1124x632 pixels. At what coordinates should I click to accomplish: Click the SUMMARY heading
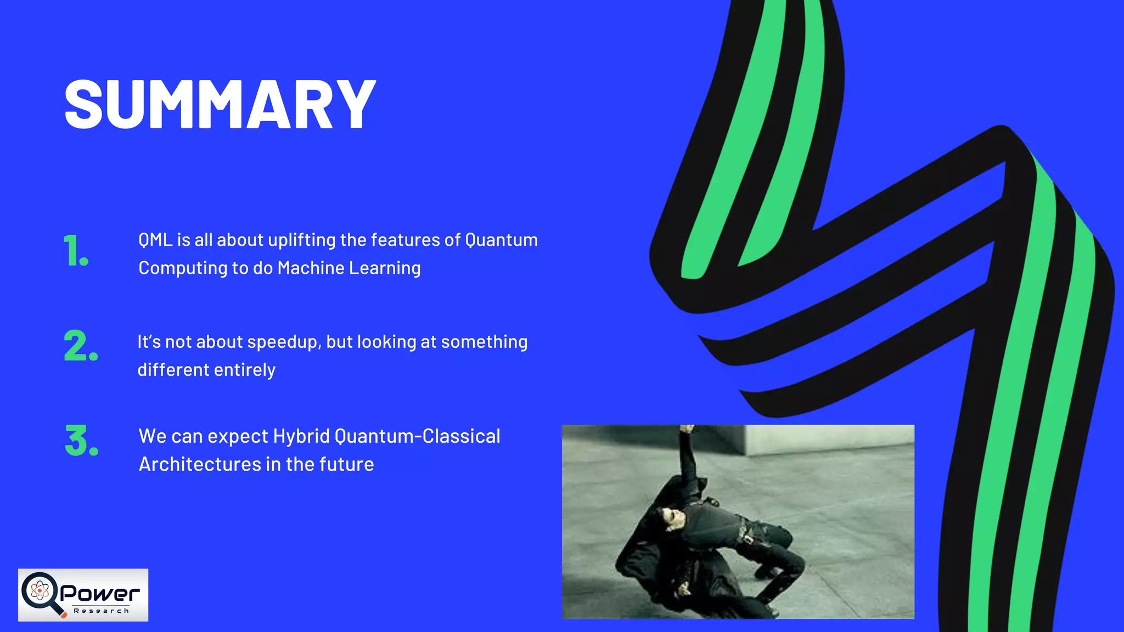tap(220, 104)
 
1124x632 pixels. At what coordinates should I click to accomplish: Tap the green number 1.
tap(75, 251)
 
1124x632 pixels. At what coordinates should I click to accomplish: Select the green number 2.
tap(80, 346)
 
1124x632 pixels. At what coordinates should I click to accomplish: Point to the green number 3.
tap(81, 441)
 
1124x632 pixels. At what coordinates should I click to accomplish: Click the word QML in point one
tap(155, 240)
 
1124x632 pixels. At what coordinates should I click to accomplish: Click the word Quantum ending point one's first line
tap(501, 240)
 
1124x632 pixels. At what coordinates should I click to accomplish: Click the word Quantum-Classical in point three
tap(417, 437)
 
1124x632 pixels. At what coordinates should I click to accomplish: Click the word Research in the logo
tap(102, 611)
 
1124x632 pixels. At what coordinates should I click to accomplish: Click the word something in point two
tap(484, 342)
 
